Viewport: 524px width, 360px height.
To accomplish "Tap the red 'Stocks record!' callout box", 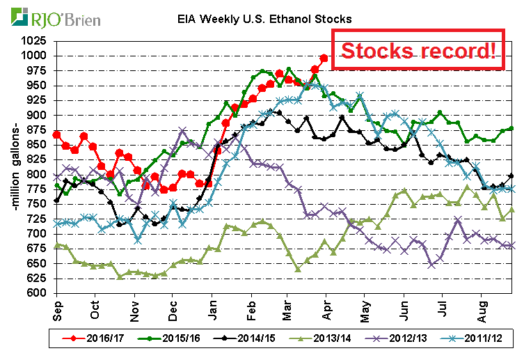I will pyautogui.click(x=418, y=50).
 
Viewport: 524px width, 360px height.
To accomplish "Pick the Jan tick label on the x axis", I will pyautogui.click(x=212, y=307).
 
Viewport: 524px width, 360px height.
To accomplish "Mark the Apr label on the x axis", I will pyautogui.click(x=327, y=307).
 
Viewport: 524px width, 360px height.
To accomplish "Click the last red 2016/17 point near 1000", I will pyautogui.click(x=324, y=58).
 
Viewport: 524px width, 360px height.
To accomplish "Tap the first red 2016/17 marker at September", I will pyautogui.click(x=57, y=134).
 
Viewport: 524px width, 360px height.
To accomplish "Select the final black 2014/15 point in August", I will pyautogui.click(x=512, y=175).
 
